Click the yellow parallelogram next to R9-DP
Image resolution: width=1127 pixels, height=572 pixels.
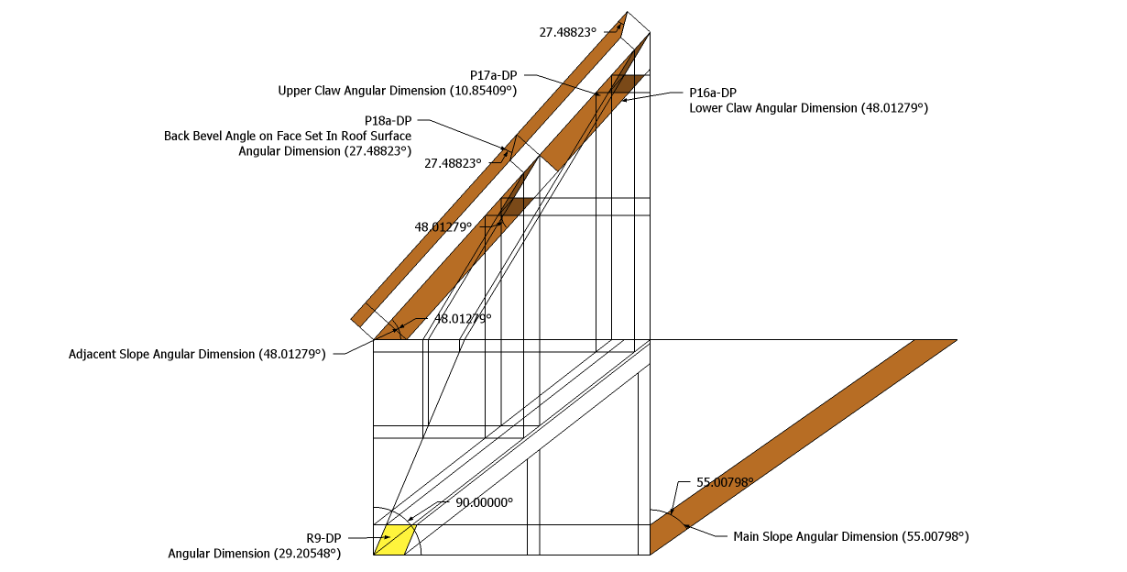(x=394, y=540)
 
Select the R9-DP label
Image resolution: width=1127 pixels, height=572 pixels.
(x=324, y=538)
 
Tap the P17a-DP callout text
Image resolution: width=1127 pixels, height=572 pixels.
(x=494, y=75)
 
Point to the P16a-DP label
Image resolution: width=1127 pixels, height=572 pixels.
(x=713, y=93)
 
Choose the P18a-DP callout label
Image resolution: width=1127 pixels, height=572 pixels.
(x=388, y=121)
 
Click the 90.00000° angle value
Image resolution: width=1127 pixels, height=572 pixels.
(x=485, y=502)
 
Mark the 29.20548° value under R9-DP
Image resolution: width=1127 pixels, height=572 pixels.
(x=308, y=554)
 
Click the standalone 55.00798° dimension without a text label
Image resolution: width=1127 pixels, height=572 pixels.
(x=725, y=482)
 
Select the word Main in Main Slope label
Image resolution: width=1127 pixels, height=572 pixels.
(x=746, y=537)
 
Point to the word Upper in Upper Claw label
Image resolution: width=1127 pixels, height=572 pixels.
(x=294, y=91)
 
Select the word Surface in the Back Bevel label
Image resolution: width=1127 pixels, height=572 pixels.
(x=391, y=136)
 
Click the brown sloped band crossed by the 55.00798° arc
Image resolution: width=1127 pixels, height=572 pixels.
(x=804, y=447)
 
